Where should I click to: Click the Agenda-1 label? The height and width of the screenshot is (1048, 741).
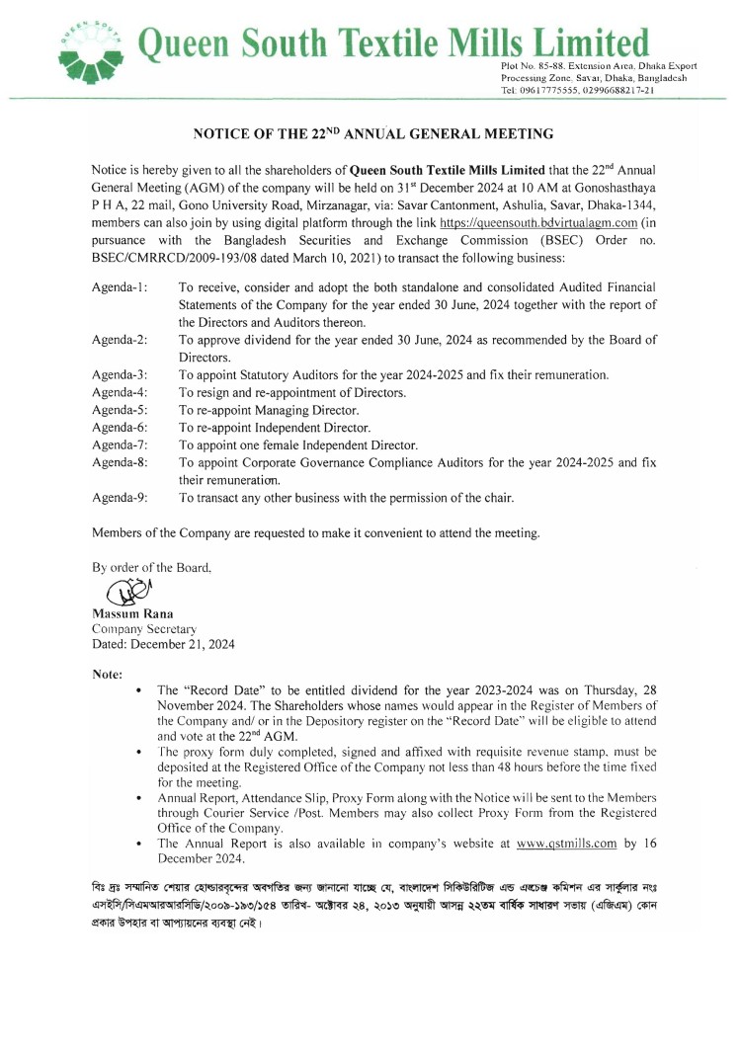(120, 287)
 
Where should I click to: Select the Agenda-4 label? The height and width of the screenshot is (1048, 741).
(120, 392)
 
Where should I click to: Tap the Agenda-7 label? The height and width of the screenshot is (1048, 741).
(120, 444)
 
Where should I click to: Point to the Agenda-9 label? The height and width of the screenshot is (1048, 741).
(120, 498)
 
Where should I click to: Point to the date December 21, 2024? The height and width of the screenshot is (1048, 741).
(163, 643)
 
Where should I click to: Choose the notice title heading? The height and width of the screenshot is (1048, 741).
(372, 132)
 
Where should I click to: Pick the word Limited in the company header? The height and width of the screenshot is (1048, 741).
(590, 43)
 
